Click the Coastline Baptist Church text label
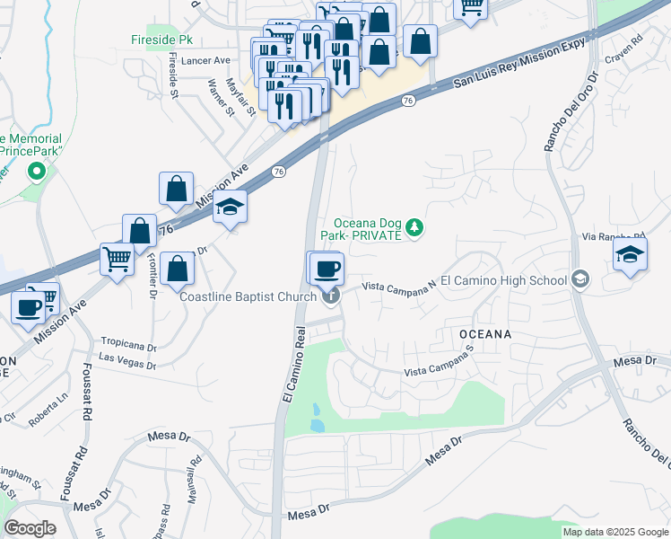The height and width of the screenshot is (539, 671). click(x=248, y=296)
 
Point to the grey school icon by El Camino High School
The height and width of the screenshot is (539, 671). click(x=580, y=280)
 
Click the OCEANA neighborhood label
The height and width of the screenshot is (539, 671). click(x=485, y=334)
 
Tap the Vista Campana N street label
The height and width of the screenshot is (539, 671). click(x=398, y=286)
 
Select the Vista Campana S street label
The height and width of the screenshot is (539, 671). click(x=439, y=366)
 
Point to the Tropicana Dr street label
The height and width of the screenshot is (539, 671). click(x=128, y=345)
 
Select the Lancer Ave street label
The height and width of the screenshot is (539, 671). click(x=205, y=60)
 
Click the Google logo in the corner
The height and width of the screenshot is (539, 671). click(x=30, y=528)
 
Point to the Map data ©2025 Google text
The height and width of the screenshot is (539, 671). click(x=615, y=532)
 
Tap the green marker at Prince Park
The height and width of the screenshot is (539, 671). click(x=37, y=171)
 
